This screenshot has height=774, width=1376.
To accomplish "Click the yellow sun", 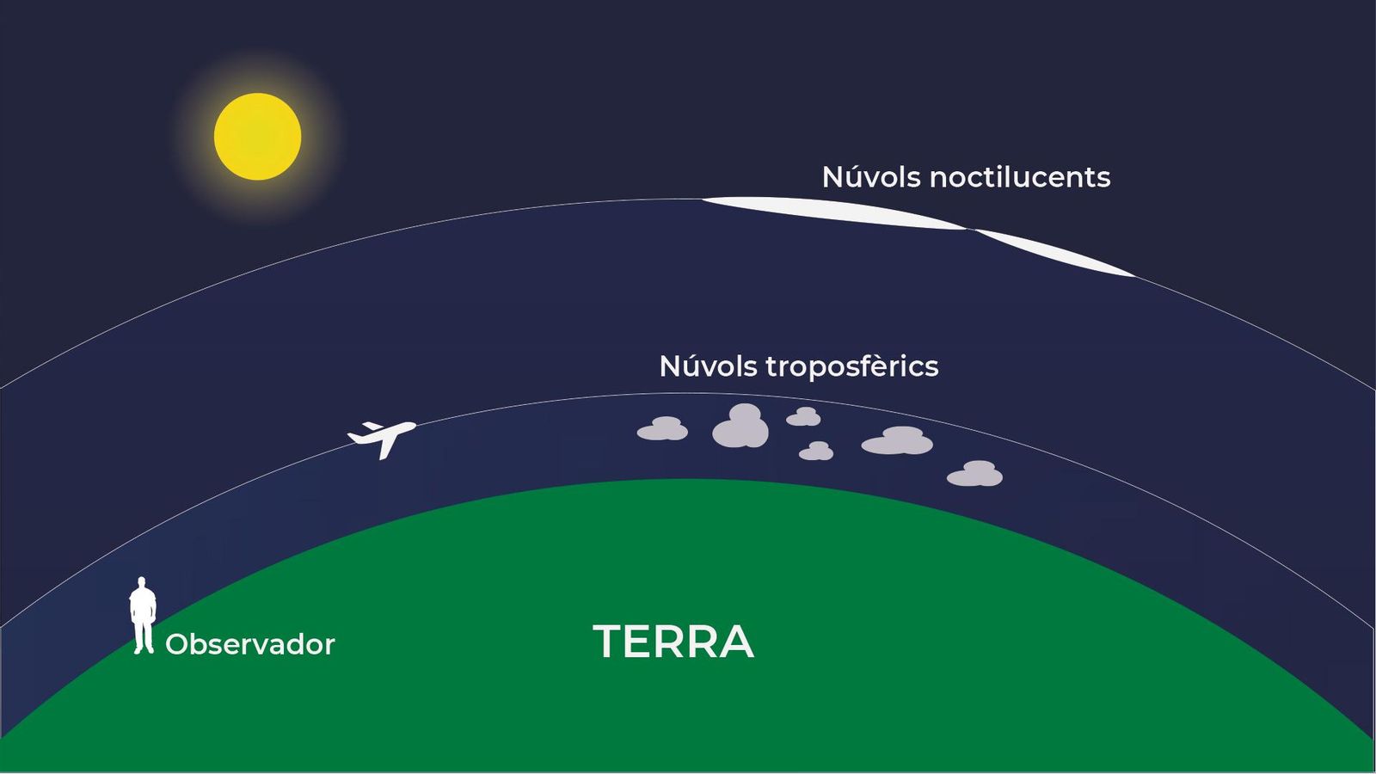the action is click(x=257, y=137).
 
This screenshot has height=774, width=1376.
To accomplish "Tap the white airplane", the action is click(x=382, y=438).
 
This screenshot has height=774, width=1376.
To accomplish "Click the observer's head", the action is click(x=142, y=581).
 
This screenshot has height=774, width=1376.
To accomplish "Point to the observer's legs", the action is click(x=143, y=636).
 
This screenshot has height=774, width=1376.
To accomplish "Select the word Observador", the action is click(x=250, y=644).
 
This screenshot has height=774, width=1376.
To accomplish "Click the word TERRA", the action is click(x=673, y=642).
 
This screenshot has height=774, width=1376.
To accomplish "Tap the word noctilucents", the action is click(x=1020, y=177).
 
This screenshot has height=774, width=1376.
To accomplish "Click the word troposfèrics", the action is click(x=852, y=366).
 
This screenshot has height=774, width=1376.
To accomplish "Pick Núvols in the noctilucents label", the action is click(x=871, y=176).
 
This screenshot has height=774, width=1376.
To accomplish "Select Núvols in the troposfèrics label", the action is click(x=708, y=366).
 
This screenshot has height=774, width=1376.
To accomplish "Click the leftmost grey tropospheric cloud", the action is click(x=662, y=429).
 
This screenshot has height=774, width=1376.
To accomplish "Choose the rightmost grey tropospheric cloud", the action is click(x=975, y=474).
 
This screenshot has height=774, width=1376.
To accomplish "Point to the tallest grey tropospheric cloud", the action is click(x=740, y=426).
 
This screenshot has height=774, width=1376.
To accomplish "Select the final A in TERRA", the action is click(x=735, y=642).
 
